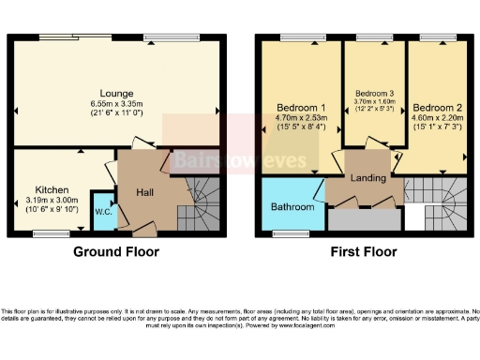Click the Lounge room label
click(x=118, y=93)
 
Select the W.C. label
click(x=101, y=211)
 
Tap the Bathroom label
click(x=293, y=205)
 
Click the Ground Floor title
click(x=117, y=251)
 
